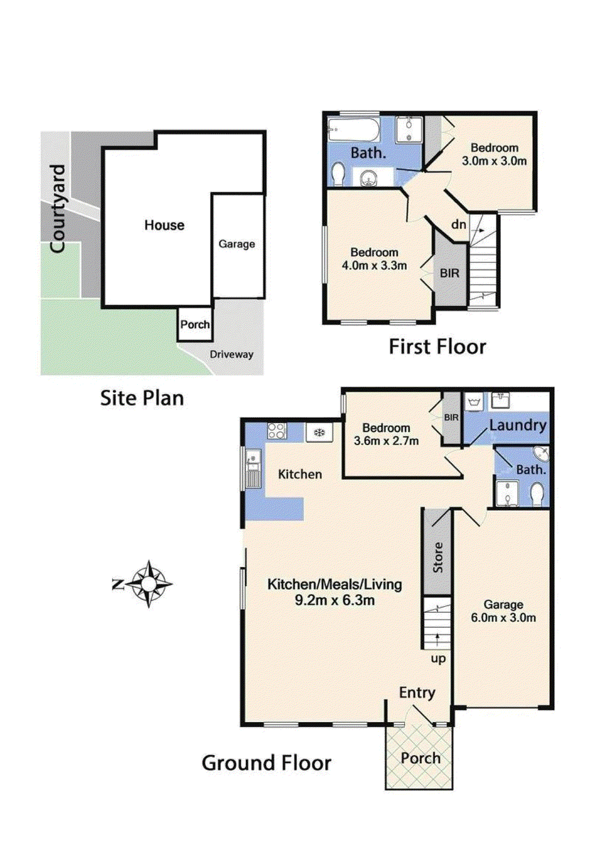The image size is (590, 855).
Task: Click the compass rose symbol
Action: click(149, 584)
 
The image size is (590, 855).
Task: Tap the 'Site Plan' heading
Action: click(142, 398)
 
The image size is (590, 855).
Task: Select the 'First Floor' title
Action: click(437, 347)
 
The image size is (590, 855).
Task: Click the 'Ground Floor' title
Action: click(266, 763)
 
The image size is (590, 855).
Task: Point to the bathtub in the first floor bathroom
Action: click(353, 130)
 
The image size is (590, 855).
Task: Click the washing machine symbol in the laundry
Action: click(474, 402)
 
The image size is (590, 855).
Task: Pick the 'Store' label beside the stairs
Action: click(438, 557)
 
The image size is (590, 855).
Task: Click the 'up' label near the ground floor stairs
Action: click(438, 659)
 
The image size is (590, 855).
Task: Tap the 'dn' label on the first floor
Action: click(459, 224)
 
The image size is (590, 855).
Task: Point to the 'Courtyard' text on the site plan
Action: click(58, 209)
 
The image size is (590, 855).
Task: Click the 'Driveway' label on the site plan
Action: click(232, 355)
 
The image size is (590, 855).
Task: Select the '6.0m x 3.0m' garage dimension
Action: click(504, 618)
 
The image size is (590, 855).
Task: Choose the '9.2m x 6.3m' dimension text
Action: click(334, 600)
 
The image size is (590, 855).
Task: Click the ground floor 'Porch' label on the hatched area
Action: click(420, 758)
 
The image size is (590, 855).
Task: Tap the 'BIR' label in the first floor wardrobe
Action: click(450, 273)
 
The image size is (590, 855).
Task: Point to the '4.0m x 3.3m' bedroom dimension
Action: click(374, 265)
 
